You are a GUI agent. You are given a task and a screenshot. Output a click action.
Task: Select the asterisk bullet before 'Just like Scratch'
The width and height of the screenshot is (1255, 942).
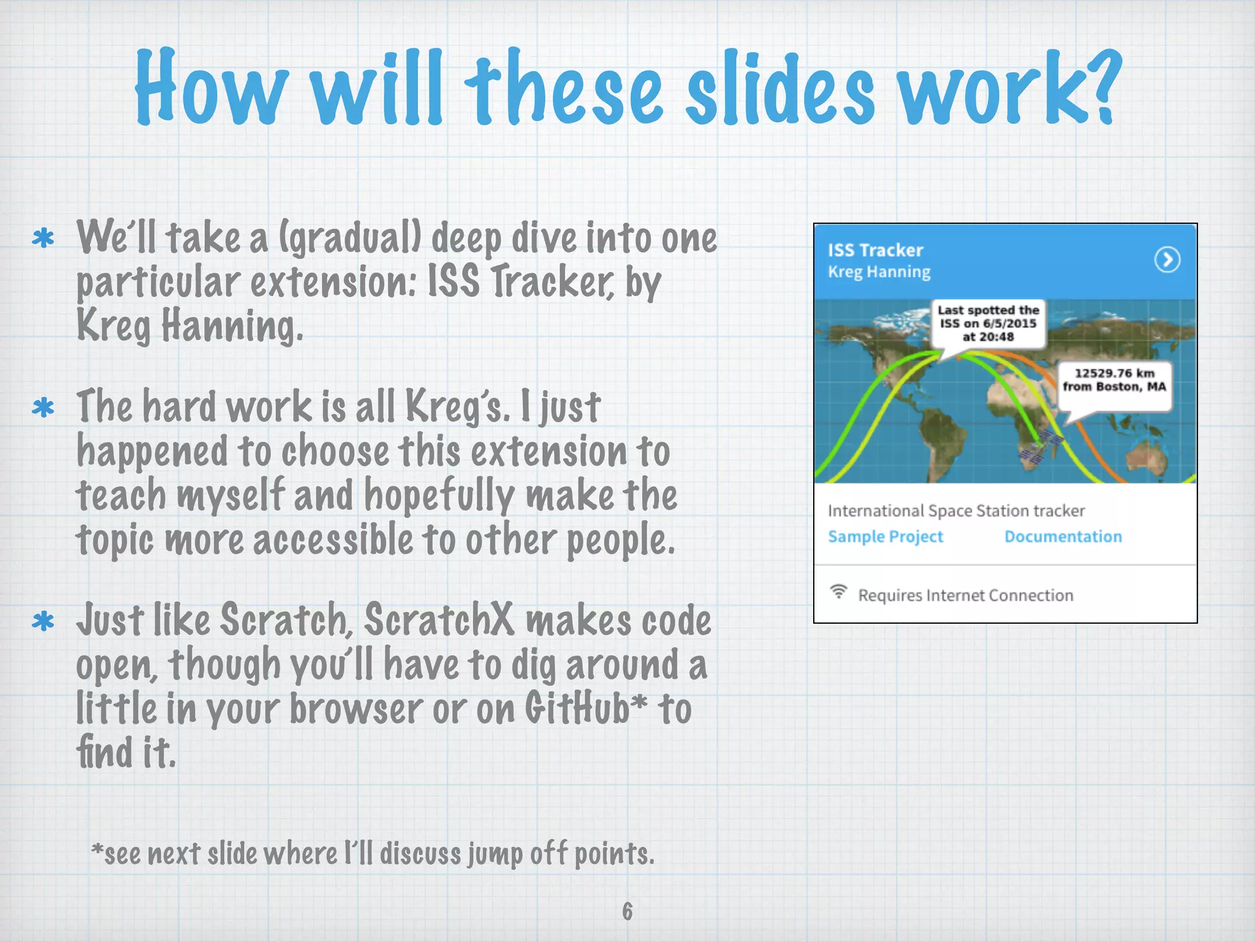tap(44, 622)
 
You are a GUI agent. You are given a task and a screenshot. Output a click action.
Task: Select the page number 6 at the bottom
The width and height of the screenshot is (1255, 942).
tap(627, 911)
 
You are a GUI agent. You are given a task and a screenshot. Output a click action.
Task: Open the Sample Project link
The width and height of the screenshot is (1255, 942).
tap(885, 537)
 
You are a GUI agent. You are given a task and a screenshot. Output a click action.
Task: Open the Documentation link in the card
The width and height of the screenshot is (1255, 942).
tap(1063, 537)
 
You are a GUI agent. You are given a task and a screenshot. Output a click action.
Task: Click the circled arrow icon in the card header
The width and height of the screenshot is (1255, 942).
tap(1167, 259)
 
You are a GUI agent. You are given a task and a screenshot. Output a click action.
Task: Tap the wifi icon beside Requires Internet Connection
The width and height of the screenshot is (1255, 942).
tap(838, 592)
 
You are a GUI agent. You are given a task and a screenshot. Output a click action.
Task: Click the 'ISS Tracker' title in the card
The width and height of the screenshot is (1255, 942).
tap(875, 250)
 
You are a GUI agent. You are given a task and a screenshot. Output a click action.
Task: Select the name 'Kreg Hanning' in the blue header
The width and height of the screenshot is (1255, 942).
tap(879, 272)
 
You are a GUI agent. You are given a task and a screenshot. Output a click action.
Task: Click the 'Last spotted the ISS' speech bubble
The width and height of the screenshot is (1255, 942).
tap(988, 324)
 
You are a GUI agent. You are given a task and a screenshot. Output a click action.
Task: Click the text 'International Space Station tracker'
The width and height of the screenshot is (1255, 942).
tap(956, 511)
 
